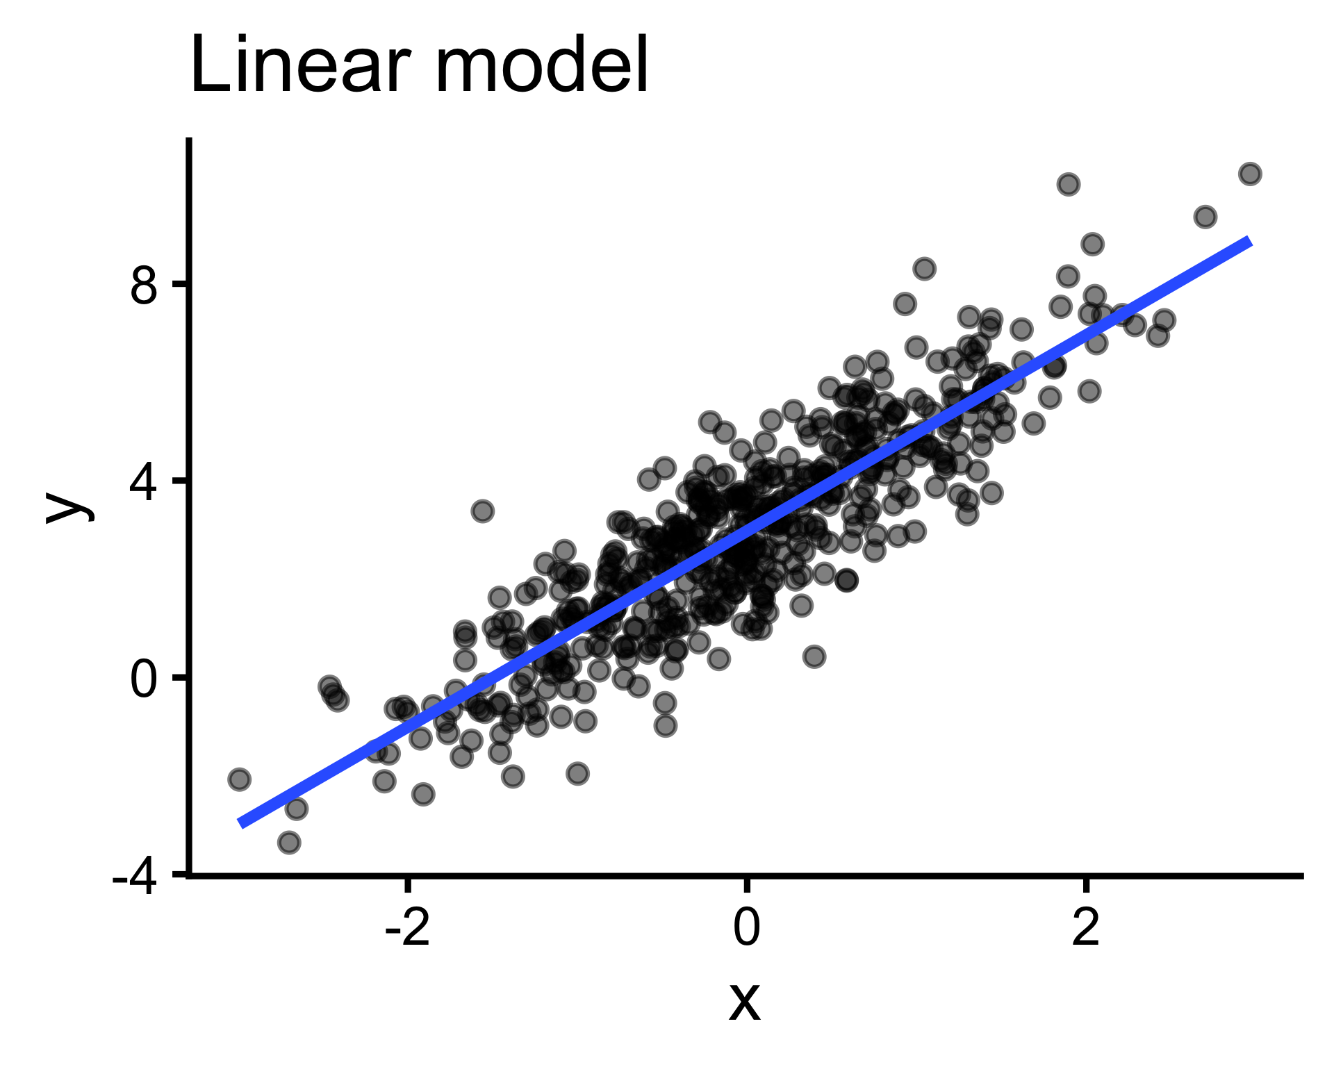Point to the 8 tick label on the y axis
145,285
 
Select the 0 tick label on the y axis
145,679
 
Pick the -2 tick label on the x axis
408,928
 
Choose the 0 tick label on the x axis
746,928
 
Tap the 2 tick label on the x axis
1085,928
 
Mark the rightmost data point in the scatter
1250,174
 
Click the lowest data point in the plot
289,843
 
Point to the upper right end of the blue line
1249,241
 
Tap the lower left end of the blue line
240,824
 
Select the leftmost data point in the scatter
239,779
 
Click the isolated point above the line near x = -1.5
482,511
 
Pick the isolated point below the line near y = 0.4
814,656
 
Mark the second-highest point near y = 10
1068,184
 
